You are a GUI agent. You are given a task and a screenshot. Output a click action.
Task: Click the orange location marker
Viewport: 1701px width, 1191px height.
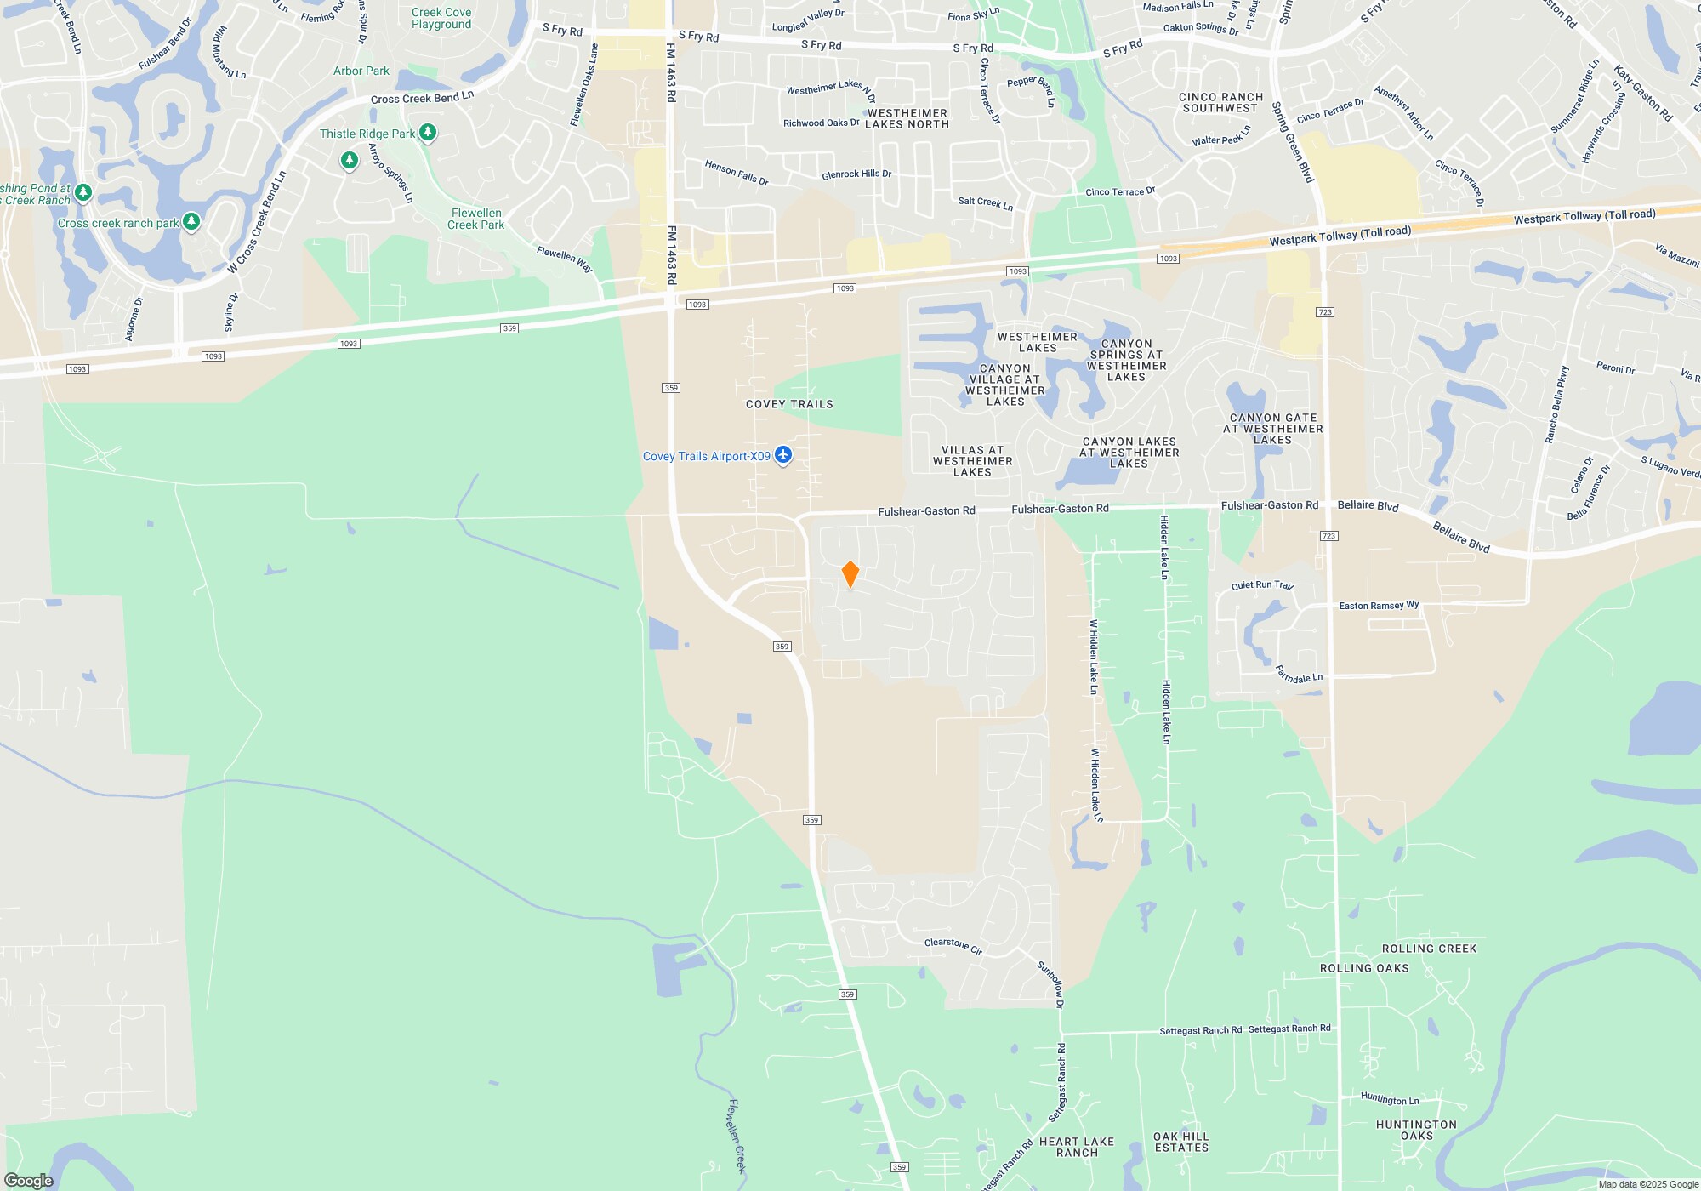pos(850,573)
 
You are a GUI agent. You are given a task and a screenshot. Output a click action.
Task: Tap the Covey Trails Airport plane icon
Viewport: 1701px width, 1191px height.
pos(783,455)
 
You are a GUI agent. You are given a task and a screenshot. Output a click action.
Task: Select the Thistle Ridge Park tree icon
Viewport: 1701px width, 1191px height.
pos(428,133)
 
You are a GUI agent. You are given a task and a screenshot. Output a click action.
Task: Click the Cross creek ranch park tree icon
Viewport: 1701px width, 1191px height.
pos(191,222)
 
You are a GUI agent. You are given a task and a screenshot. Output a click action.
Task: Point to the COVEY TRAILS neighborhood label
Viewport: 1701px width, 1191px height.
pos(789,404)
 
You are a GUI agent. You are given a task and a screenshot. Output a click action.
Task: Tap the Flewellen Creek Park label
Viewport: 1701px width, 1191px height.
pos(476,219)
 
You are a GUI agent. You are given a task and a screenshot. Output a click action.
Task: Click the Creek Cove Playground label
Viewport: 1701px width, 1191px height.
pos(441,18)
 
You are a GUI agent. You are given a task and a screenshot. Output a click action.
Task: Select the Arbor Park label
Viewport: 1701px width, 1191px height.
pos(361,71)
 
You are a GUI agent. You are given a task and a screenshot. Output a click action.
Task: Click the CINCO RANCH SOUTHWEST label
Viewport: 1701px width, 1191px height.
pos(1220,102)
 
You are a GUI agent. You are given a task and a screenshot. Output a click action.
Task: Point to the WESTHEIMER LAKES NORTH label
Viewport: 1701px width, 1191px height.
pos(907,118)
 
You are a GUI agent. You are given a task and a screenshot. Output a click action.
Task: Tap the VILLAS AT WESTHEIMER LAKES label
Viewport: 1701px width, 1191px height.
pos(972,461)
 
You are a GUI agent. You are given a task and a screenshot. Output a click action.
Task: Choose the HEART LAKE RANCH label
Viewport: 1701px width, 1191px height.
pos(1077,1147)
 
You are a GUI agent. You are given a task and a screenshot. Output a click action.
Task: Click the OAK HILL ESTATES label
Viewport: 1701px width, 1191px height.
pos(1181,1142)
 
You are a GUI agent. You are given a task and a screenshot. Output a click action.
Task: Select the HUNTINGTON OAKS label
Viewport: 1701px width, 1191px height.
pos(1416,1130)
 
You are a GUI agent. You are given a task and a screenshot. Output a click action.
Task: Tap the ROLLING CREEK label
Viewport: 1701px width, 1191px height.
pos(1429,949)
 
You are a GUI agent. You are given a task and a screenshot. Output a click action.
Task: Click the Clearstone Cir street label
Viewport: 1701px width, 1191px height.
pos(953,945)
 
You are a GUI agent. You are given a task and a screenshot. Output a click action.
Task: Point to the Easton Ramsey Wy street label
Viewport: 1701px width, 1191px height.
pos(1379,606)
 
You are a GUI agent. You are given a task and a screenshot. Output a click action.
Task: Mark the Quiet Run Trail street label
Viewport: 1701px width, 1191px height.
pos(1262,585)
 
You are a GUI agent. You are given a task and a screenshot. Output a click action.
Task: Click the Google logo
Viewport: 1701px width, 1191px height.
pos(29,1180)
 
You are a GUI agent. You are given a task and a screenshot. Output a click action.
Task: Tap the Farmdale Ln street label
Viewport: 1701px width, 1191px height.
pos(1299,675)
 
